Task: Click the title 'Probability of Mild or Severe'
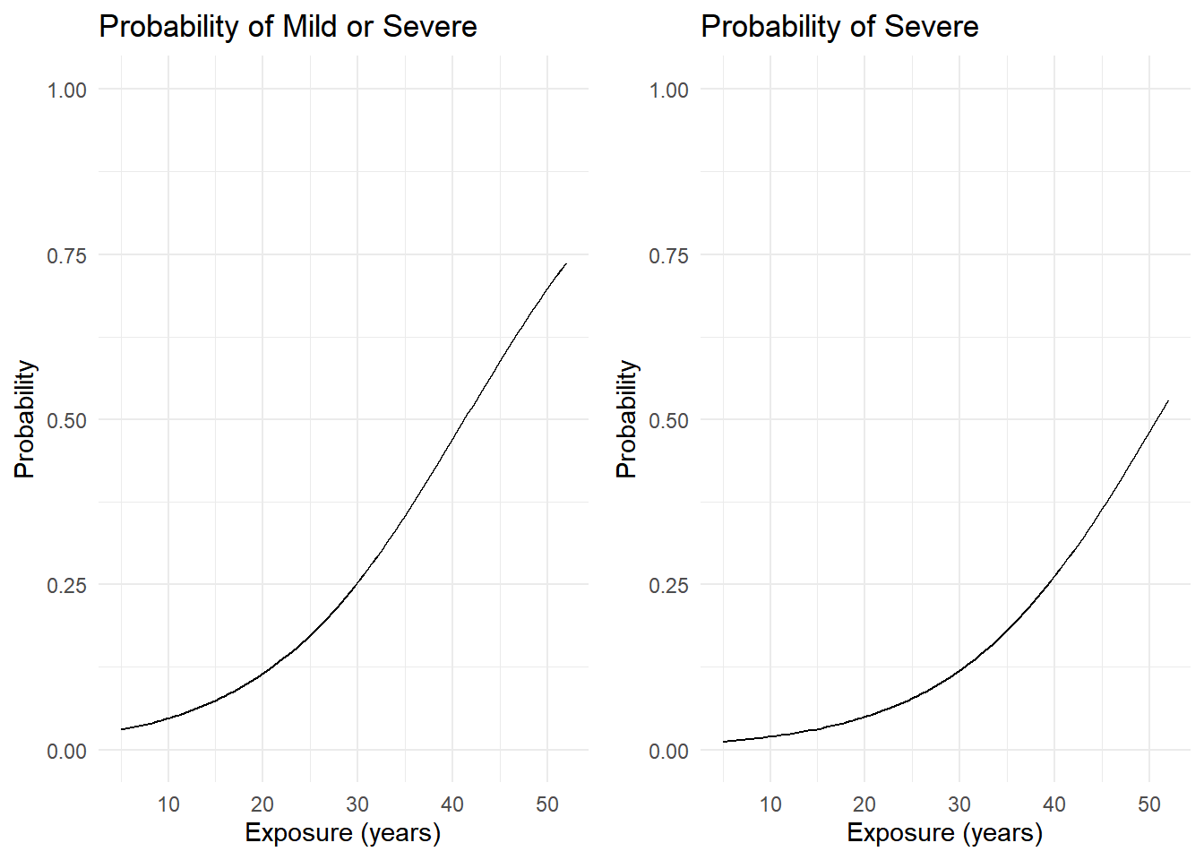click(x=288, y=27)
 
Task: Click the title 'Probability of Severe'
click(x=839, y=27)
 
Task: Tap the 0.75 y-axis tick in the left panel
click(x=67, y=255)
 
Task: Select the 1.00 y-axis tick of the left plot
click(x=67, y=90)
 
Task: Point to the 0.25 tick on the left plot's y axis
click(x=67, y=585)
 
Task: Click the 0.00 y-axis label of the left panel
click(x=67, y=751)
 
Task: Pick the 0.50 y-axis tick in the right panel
click(x=669, y=420)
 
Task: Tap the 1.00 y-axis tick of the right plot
click(x=669, y=90)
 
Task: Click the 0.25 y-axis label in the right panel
click(x=669, y=585)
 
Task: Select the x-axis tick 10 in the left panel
click(x=168, y=804)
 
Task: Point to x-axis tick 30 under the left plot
click(x=357, y=804)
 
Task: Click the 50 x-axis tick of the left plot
click(x=547, y=804)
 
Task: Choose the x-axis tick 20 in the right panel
click(x=864, y=804)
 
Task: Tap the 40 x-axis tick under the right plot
click(x=1054, y=804)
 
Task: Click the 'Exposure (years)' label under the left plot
click(x=343, y=833)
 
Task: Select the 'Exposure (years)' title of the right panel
click(x=945, y=833)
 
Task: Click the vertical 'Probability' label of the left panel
click(x=25, y=419)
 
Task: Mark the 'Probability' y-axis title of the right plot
click(x=627, y=419)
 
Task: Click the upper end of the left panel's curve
click(x=566, y=263)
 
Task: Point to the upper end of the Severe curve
click(x=1168, y=401)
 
